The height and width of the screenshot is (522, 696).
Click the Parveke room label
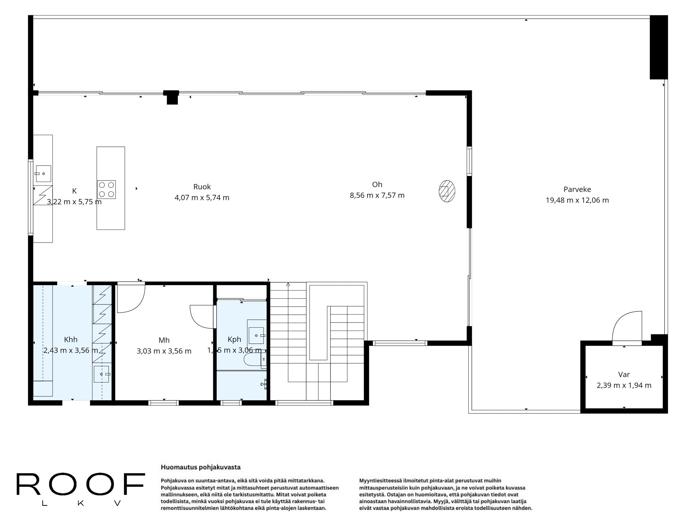[x=577, y=189]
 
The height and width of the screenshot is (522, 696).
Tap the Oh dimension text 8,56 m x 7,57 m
[x=377, y=195]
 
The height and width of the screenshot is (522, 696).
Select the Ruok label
[x=202, y=187]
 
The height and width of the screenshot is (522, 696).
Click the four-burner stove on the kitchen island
[x=106, y=190]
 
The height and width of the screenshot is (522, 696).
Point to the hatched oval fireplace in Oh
[x=447, y=192]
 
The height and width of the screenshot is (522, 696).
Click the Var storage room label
[x=624, y=375]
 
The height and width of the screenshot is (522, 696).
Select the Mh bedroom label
[x=164, y=340]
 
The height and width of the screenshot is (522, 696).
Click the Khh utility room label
[x=71, y=340]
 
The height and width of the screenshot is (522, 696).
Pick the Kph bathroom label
[x=234, y=339]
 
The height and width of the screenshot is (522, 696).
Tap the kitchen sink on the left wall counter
[x=43, y=174]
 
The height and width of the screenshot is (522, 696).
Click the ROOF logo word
[x=81, y=484]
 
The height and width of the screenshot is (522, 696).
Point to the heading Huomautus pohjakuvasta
[x=201, y=467]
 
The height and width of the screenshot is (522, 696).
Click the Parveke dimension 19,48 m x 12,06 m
[x=577, y=200]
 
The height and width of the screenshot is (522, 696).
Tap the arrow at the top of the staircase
[x=288, y=284]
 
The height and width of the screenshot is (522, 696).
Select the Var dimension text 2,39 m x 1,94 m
[x=624, y=385]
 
